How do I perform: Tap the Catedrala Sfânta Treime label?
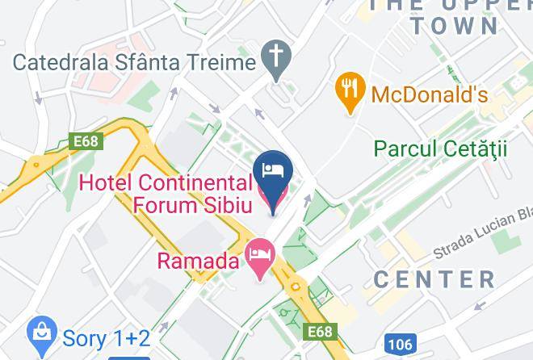(x=134, y=61)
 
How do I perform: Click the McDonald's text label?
(x=430, y=94)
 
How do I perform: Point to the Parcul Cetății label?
(x=440, y=149)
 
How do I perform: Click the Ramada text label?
(x=198, y=261)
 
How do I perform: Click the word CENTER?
(x=434, y=280)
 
